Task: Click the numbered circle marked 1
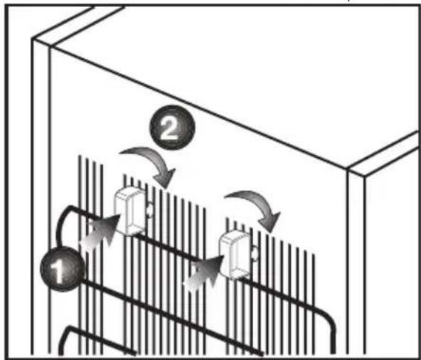pos(63,269)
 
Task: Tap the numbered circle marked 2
pos(172,127)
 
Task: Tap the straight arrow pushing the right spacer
pos(205,273)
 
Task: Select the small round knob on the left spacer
pos(149,209)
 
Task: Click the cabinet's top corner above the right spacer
pos(347,169)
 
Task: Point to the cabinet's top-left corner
pos(33,40)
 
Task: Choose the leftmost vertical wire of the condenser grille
pos(80,255)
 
